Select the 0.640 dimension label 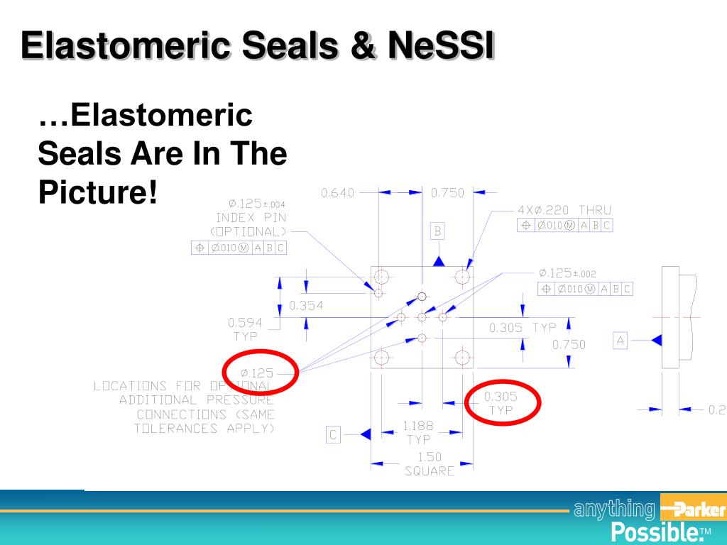(x=337, y=193)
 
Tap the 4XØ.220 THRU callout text (x=563, y=210)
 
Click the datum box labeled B (x=438, y=231)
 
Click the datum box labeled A (x=621, y=341)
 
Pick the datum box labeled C (x=333, y=435)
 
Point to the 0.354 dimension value (x=306, y=306)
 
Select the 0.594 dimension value (x=245, y=322)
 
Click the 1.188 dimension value (x=417, y=426)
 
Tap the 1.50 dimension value (x=429, y=457)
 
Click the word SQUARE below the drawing (x=429, y=470)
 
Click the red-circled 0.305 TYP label (x=501, y=403)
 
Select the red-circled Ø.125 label (x=257, y=373)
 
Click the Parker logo (x=692, y=510)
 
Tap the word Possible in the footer (x=654, y=532)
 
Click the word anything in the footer (x=614, y=509)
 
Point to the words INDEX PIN (x=251, y=218)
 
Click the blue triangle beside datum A (x=657, y=341)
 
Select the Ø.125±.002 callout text (x=568, y=273)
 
